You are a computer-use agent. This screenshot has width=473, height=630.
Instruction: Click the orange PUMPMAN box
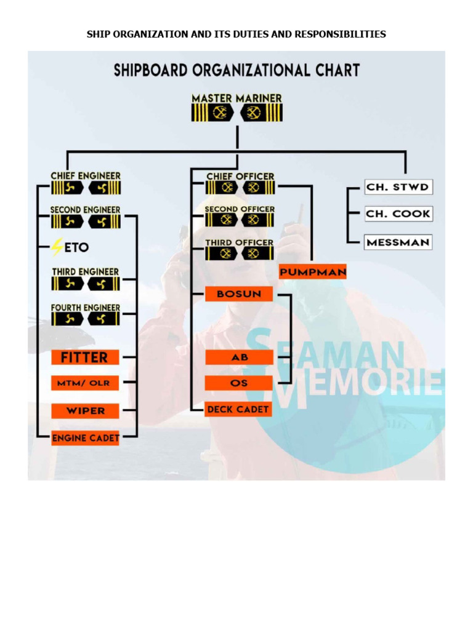(x=313, y=271)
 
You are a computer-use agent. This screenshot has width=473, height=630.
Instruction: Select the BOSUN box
(x=239, y=294)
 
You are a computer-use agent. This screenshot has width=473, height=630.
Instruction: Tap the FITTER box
(x=84, y=357)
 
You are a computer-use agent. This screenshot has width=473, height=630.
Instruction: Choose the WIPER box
(x=85, y=410)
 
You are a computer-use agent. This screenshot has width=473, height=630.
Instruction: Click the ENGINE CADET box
(x=85, y=438)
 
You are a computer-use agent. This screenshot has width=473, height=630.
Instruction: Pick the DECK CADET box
(x=238, y=409)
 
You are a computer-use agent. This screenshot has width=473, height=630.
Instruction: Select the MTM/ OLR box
(x=84, y=383)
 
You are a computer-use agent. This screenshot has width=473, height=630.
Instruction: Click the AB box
(x=239, y=357)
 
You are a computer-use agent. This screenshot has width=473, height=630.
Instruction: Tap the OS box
(x=239, y=383)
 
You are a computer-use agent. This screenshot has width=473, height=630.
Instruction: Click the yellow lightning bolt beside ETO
(x=57, y=247)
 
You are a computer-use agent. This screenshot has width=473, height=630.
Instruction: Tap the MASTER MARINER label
(x=236, y=98)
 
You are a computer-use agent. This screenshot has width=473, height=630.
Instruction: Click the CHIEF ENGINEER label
(x=86, y=176)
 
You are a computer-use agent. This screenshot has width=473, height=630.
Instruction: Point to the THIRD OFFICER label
(x=239, y=242)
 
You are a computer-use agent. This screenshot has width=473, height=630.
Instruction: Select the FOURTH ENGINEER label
(x=86, y=307)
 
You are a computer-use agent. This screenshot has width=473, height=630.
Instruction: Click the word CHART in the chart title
(x=335, y=70)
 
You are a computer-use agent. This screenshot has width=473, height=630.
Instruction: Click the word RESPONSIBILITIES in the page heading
(x=340, y=34)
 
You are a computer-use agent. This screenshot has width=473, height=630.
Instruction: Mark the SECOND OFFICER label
(x=240, y=209)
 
